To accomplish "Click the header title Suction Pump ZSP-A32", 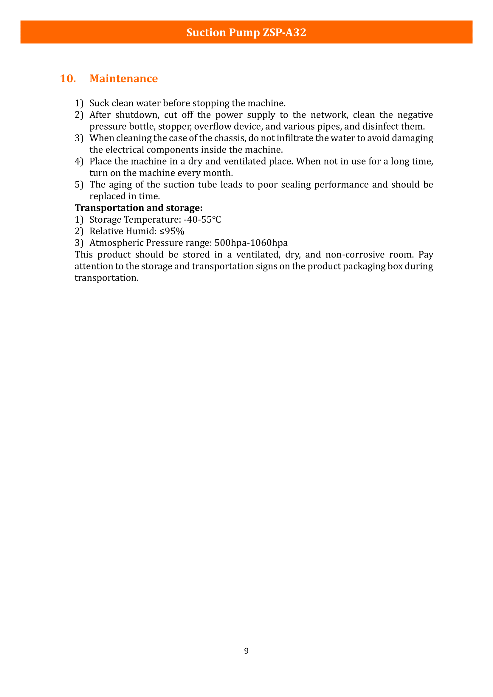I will point(246,32).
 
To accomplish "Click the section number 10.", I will point(68,79).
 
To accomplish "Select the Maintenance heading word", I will point(124,79).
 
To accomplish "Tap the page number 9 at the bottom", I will point(246,651).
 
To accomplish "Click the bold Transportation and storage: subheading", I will point(138,208).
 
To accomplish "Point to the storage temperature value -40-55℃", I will point(202,220).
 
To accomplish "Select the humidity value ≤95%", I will point(172,231).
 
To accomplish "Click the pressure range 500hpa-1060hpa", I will point(251,243).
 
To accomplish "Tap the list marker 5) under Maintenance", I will point(79,184).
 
